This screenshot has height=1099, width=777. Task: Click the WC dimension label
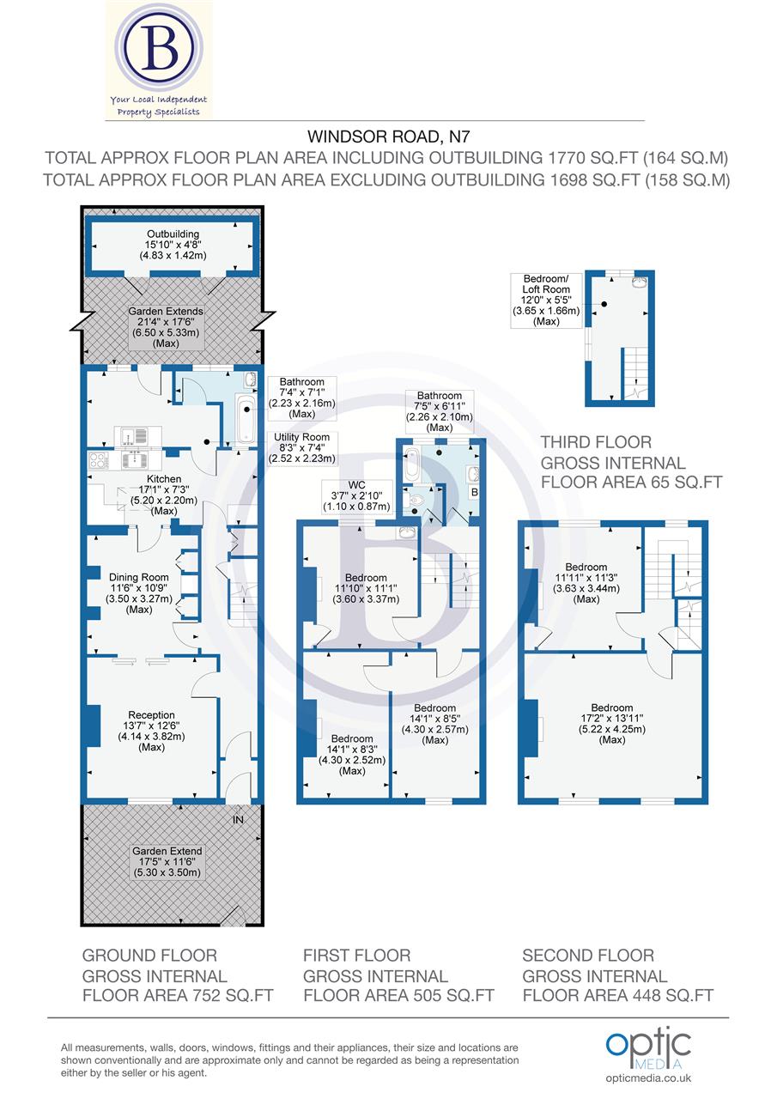(356, 496)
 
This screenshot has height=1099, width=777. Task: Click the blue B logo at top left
(160, 51)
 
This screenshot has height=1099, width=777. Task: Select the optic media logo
(647, 1046)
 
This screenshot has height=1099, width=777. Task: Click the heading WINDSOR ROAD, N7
(388, 136)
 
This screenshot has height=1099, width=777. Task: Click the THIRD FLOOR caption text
(596, 442)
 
